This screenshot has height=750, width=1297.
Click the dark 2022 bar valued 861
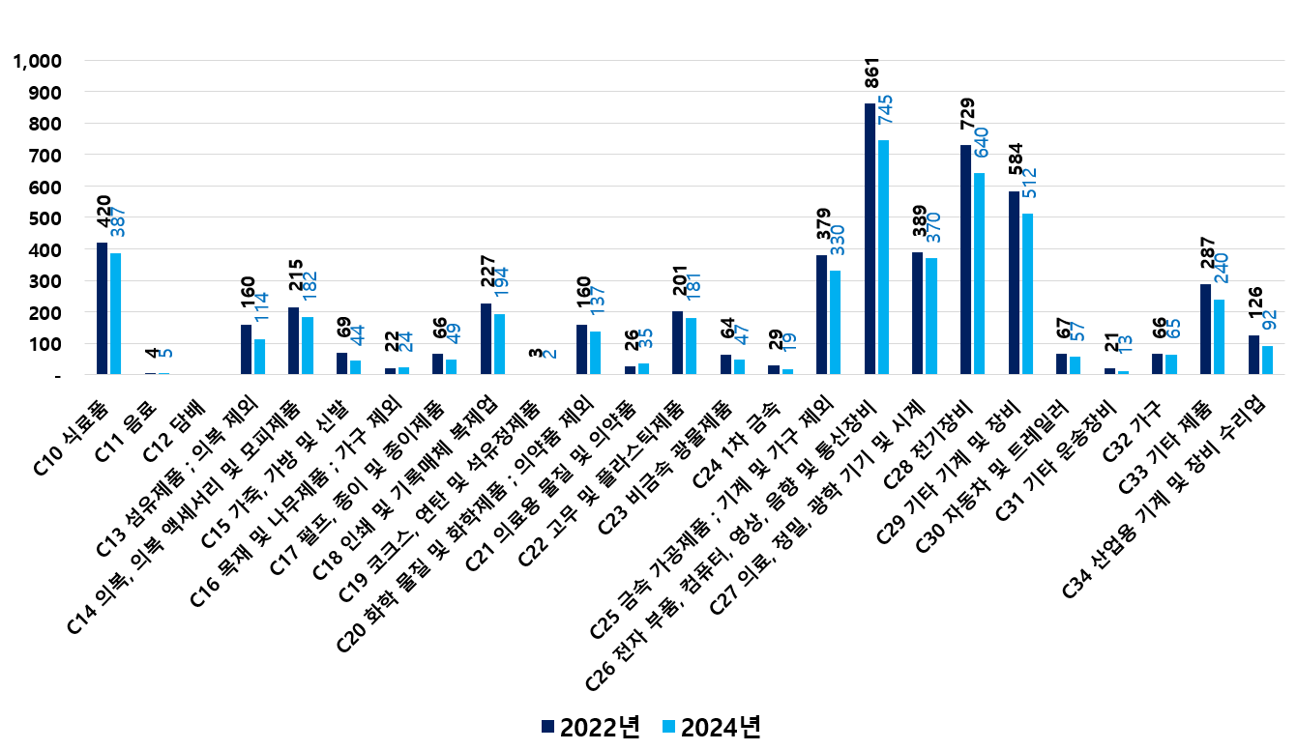pos(870,239)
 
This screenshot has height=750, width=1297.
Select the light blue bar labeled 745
pos(883,257)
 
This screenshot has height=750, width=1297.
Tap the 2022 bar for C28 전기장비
pos(965,259)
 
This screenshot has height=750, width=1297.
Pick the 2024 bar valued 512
pos(1027,294)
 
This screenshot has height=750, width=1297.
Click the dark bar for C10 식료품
pos(102,308)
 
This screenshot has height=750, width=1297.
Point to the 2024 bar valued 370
pos(931,316)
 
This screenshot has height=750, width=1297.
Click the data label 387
pos(117,221)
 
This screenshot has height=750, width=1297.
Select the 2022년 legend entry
pos(590,727)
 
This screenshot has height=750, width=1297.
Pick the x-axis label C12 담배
pos(171,431)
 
